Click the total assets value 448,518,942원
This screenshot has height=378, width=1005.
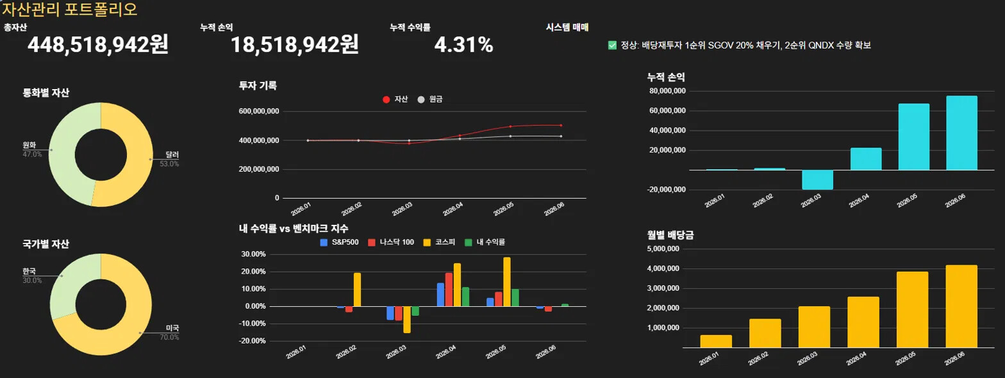coord(98,45)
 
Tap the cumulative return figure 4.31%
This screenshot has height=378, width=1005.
coord(463,45)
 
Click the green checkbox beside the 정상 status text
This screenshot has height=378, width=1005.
coord(612,45)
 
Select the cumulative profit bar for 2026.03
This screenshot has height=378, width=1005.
coord(817,179)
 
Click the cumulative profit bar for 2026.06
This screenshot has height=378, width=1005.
coord(961,133)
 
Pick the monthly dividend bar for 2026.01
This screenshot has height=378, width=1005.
coord(715,341)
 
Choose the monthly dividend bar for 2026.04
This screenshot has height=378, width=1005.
coord(863,322)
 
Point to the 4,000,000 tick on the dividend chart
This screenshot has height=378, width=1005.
coord(663,268)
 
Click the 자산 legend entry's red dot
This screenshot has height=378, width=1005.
coord(386,99)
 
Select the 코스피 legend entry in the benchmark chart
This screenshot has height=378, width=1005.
coord(439,242)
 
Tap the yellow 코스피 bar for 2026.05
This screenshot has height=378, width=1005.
coord(506,282)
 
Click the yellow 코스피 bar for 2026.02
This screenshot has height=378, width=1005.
coord(357,290)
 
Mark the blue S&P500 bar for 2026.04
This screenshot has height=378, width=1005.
coord(440,295)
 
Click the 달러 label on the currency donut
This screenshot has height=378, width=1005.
coord(172,154)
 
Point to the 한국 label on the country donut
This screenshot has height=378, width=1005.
coord(29,271)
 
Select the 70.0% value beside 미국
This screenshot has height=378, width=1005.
coord(169,337)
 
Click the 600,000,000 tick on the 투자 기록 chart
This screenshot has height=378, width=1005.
coord(259,111)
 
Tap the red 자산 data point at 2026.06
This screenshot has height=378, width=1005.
coord(561,125)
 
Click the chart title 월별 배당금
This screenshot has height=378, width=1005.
coord(670,235)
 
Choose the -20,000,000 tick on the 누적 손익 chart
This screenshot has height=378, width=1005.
coord(667,190)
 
